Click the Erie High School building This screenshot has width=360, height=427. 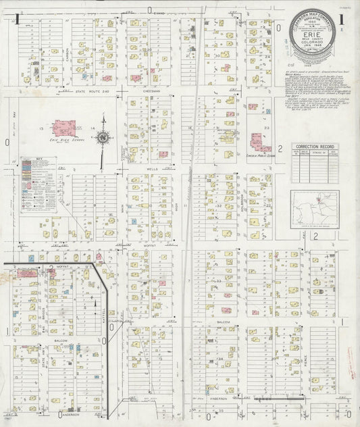(66, 128)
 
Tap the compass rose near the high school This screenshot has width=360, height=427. (103, 137)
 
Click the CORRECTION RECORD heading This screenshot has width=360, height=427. (316, 147)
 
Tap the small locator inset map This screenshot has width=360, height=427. (315, 206)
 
